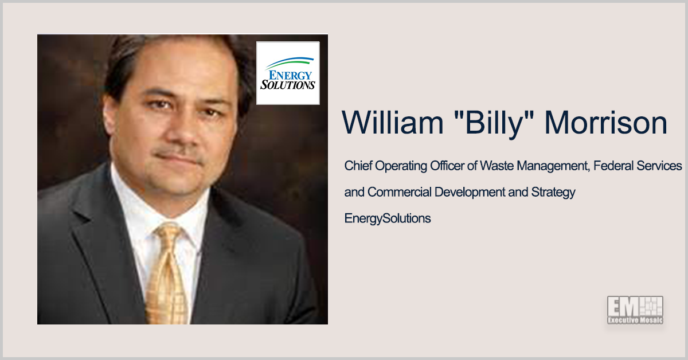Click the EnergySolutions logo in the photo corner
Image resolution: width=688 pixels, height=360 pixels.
click(287, 73)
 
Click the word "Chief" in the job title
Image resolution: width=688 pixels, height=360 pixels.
click(358, 166)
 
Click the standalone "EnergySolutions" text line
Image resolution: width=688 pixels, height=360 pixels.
click(387, 218)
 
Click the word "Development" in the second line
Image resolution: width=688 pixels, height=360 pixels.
click(469, 192)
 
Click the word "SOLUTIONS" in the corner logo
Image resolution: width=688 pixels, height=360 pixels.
click(288, 84)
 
